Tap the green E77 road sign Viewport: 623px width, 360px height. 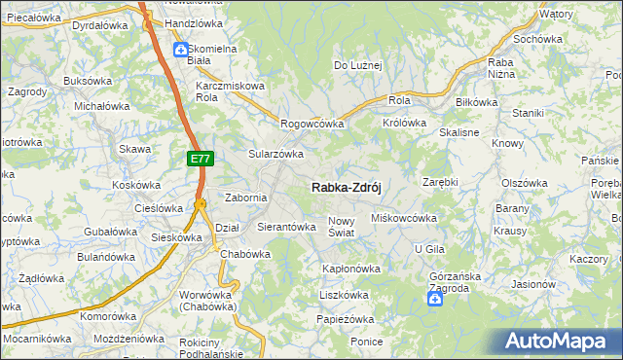(199, 157)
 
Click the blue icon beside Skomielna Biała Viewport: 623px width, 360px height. (181, 49)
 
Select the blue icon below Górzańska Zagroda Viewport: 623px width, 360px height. (436, 299)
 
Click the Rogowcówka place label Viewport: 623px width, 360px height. (312, 124)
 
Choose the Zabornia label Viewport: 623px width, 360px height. (246, 198)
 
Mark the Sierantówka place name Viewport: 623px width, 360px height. (286, 227)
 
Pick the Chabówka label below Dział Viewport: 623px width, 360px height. (244, 254)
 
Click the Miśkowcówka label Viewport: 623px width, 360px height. (404, 218)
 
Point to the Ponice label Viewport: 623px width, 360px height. (367, 342)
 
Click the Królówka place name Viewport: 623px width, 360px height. (405, 123)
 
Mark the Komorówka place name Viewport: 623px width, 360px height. (108, 316)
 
